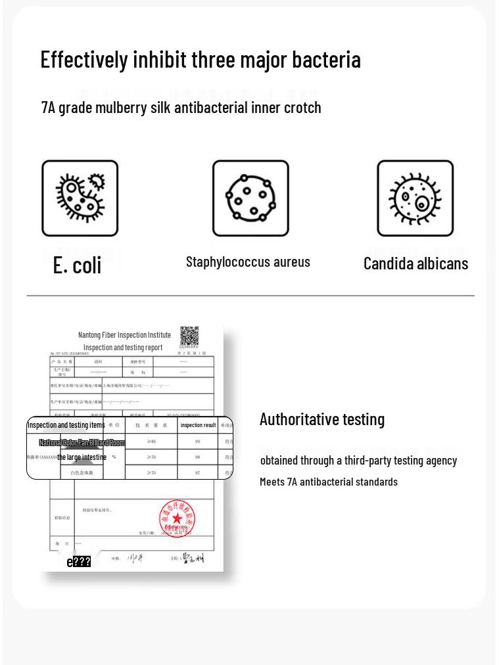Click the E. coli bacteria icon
[80, 198]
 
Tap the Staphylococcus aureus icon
[250, 198]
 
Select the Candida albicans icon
[415, 198]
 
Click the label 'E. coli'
[77, 265]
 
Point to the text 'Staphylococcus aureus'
[248, 262]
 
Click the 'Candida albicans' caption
[416, 264]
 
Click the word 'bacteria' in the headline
[326, 60]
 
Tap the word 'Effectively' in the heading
[84, 60]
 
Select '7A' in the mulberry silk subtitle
[48, 108]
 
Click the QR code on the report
[189, 336]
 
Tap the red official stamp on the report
[177, 518]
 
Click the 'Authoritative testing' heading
[322, 419]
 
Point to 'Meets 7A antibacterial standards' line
[329, 482]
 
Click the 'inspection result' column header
[198, 425]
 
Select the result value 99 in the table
[197, 442]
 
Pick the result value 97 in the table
[197, 472]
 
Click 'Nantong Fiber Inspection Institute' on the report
[124, 335]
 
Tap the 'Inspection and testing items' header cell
[66, 425]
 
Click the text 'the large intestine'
[82, 457]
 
